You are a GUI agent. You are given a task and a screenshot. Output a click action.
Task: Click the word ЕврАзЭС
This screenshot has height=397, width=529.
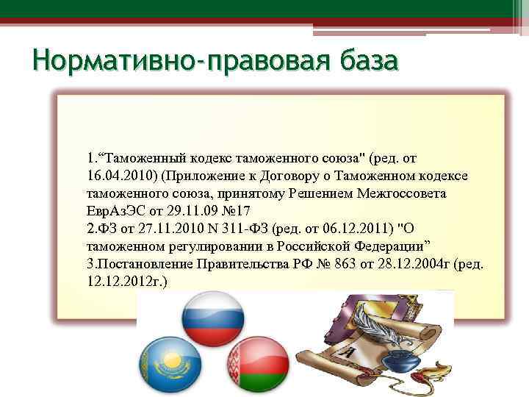[x=112, y=210]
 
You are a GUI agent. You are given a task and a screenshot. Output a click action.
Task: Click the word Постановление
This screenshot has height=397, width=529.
[x=139, y=263]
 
